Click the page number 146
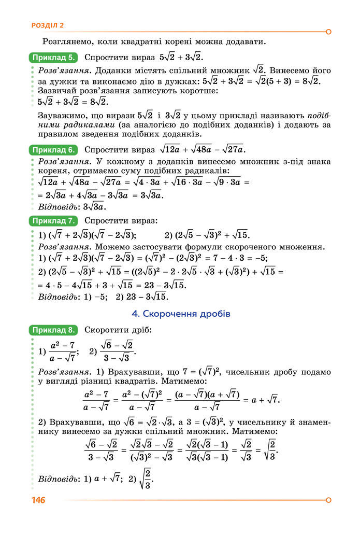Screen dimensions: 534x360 [38, 500]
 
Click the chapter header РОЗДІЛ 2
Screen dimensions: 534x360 [48, 25]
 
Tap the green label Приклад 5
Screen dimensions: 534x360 [54, 57]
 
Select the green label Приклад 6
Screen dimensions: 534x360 [54, 150]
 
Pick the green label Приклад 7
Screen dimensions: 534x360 [54, 221]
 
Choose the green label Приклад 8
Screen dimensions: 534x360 [54, 330]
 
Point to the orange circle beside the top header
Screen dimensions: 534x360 [328, 32]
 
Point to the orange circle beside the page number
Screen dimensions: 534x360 [328, 500]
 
